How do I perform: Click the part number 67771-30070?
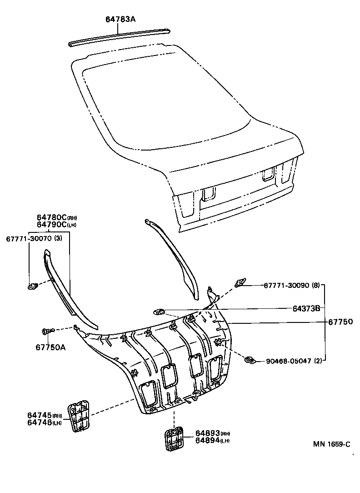click(x=28, y=239)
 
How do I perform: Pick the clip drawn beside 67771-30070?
click(x=33, y=287)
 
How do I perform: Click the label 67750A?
click(x=50, y=347)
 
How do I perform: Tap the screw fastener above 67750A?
click(x=47, y=331)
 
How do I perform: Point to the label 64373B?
click(x=305, y=308)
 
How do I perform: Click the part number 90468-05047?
click(x=288, y=361)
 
